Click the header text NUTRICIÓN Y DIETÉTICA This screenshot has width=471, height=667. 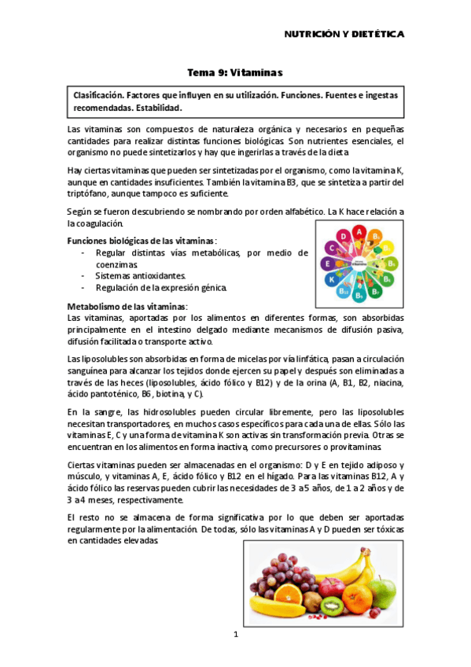point(344,34)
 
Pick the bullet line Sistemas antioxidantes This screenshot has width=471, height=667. point(140,276)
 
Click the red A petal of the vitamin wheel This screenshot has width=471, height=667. point(359,232)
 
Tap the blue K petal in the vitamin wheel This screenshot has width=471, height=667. point(332,278)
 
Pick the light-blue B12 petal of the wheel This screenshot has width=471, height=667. point(344,291)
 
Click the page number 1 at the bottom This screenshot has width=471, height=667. point(235,633)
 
